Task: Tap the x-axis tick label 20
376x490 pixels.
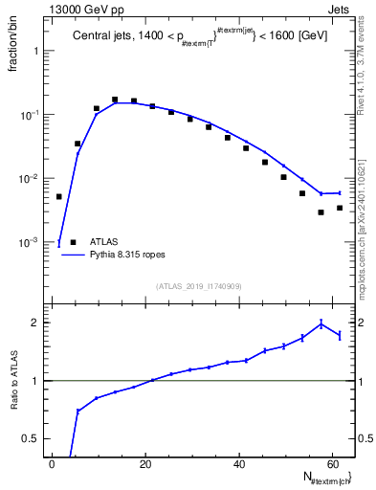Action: (145, 464)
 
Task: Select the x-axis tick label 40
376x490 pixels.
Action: (239, 464)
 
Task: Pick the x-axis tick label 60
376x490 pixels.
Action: (332, 464)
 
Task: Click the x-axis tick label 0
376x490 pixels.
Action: (53, 464)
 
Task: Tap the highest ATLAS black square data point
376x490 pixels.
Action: (115, 99)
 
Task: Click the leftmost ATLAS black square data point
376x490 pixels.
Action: (59, 196)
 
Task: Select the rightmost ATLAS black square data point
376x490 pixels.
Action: (340, 208)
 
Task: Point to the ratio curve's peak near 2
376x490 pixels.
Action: (321, 323)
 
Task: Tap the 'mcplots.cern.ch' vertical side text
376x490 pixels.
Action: (367, 249)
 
